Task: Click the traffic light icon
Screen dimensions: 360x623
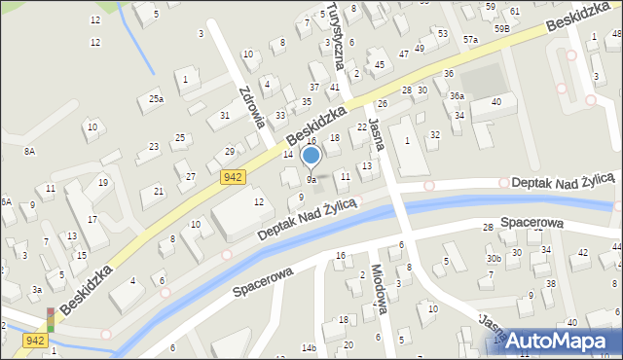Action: tap(51, 321)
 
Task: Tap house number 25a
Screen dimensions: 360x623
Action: tap(156, 98)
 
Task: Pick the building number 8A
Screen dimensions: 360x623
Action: tap(30, 151)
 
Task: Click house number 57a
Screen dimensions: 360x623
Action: tap(471, 40)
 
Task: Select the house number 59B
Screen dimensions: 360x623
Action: tap(501, 29)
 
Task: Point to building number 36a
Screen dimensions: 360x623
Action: tap(457, 95)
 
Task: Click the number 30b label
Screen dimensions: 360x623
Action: tap(495, 258)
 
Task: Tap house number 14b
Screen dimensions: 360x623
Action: tap(310, 347)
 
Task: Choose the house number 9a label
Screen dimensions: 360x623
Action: tap(311, 180)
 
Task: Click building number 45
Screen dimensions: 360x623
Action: tap(380, 65)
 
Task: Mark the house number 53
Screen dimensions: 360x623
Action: tap(443, 34)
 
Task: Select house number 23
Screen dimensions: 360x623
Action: tap(154, 147)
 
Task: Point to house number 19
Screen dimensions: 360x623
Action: tap(102, 182)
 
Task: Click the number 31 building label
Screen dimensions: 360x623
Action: tap(225, 116)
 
